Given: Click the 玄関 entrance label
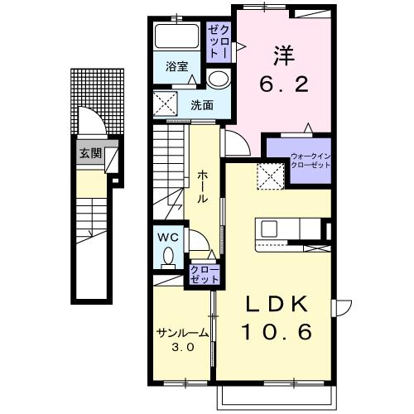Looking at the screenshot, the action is pyautogui.click(x=91, y=153).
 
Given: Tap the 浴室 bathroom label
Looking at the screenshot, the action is pyautogui.click(x=177, y=66).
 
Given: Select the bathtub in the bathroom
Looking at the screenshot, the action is pyautogui.click(x=177, y=36).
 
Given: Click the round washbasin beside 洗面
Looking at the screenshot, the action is pyautogui.click(x=219, y=79).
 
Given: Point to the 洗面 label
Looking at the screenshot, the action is pyautogui.click(x=202, y=105).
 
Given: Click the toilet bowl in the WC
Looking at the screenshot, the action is pyautogui.click(x=168, y=256).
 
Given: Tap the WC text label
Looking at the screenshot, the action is pyautogui.click(x=168, y=237).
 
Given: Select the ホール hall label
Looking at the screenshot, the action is pyautogui.click(x=203, y=186).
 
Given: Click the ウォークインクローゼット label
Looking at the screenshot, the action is pyautogui.click(x=310, y=161).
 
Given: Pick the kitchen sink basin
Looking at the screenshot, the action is pyautogui.click(x=269, y=229).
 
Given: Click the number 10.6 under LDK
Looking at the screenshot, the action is pyautogui.click(x=277, y=331).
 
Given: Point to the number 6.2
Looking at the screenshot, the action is pyautogui.click(x=283, y=84).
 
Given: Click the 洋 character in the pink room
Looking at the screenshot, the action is pyautogui.click(x=284, y=56).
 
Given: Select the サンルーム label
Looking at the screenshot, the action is pyautogui.click(x=182, y=333).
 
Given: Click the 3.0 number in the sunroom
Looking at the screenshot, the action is pyautogui.click(x=183, y=347).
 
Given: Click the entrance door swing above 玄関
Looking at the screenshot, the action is pyautogui.click(x=93, y=122).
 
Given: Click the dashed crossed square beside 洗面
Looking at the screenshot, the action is pyautogui.click(x=166, y=103).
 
